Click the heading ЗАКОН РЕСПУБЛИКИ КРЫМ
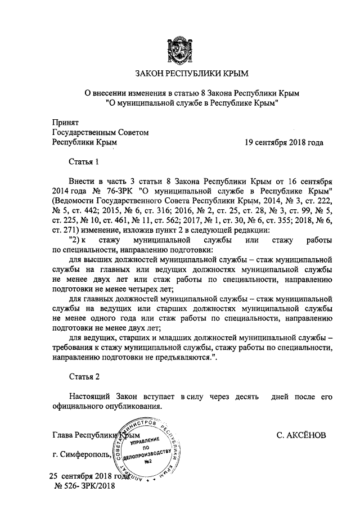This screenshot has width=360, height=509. coord(179,74)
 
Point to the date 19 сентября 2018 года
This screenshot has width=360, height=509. coord(284,142)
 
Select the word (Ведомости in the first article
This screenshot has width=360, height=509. coord(74,202)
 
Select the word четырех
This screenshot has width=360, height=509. coord(140,294)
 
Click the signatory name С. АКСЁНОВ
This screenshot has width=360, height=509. coord(301,436)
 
